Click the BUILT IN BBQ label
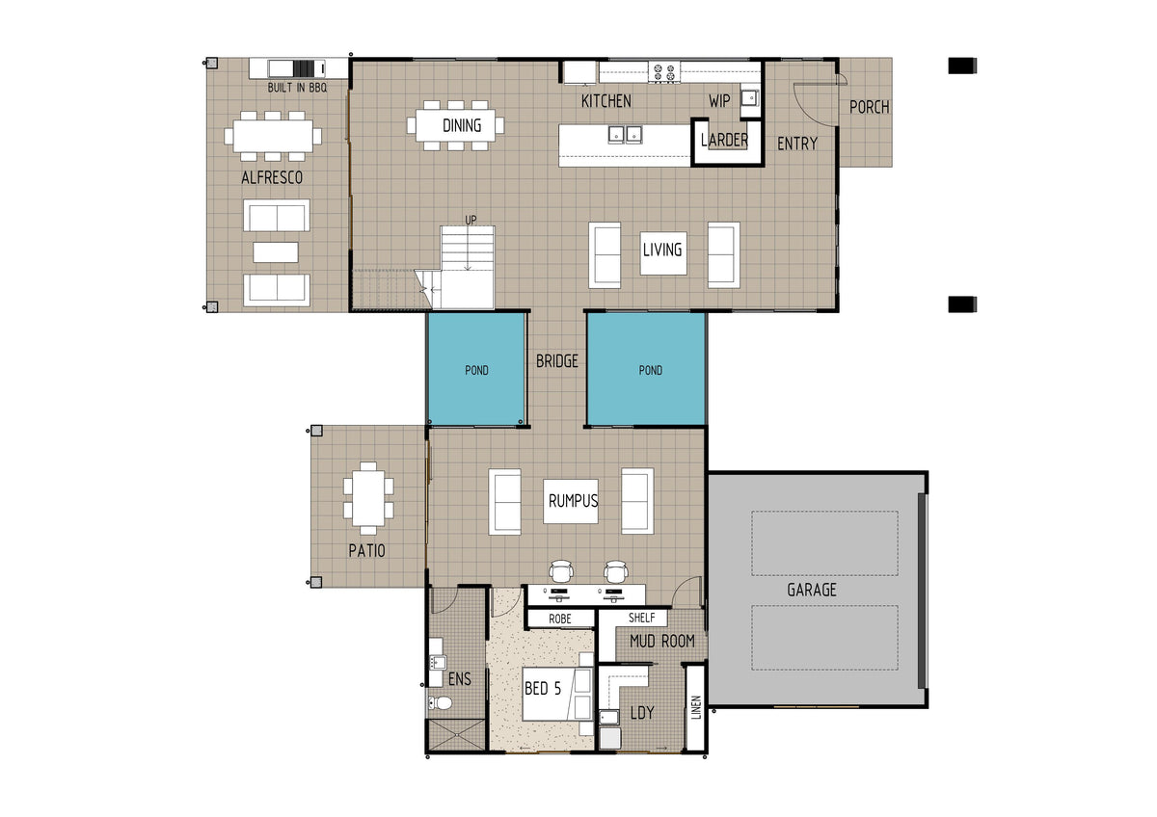tap(297, 88)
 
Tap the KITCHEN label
tap(605, 101)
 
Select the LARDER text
tap(724, 140)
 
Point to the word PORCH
tap(870, 107)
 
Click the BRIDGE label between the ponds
tap(557, 361)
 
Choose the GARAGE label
tap(812, 590)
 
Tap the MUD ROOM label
tap(662, 641)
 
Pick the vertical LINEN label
tap(696, 707)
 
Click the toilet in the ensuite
tap(440, 702)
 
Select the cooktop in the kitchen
tap(664, 72)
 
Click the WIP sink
tap(749, 97)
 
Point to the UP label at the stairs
tap(471, 221)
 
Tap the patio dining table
tap(368, 498)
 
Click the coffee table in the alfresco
tap(276, 252)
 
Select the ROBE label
tap(560, 619)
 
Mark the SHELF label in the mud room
tap(641, 618)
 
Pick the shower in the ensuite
tap(456, 735)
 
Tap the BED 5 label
tap(542, 688)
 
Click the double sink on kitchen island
tap(625, 135)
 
